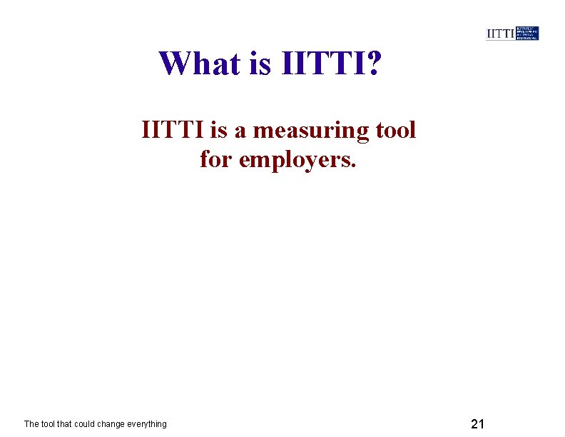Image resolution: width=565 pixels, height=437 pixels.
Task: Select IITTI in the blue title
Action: (322, 64)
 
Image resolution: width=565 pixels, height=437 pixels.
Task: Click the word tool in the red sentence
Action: (393, 131)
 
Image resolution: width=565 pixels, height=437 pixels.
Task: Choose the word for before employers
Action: (215, 159)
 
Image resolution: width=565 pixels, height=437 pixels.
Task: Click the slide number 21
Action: (478, 424)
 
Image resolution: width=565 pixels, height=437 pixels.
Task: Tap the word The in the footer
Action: (32, 424)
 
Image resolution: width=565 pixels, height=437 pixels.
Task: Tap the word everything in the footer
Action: (148, 424)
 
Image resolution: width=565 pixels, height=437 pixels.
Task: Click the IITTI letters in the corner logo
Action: (500, 34)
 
